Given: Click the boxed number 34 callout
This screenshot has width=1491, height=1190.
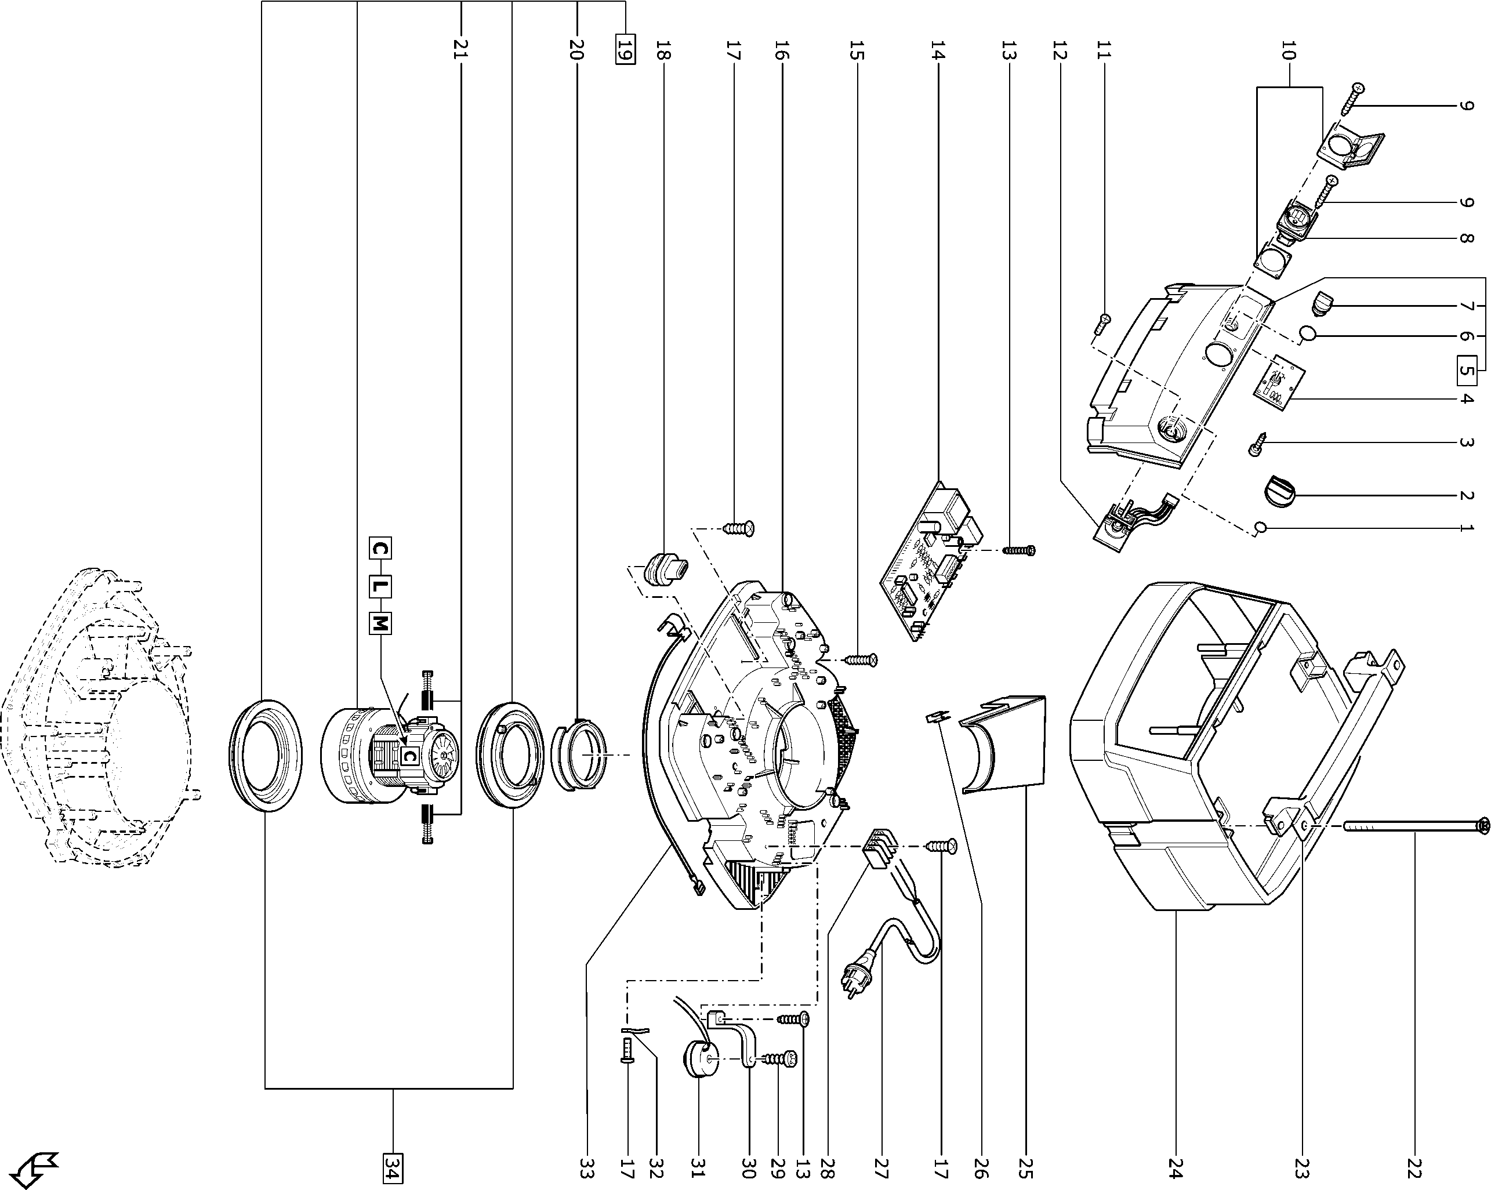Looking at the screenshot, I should point(392,1169).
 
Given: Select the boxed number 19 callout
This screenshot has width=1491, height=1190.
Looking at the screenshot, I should point(625,50).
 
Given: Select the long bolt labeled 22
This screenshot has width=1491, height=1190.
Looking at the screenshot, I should point(1411,825).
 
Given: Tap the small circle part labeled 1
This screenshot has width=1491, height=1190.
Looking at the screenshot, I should point(1260,528).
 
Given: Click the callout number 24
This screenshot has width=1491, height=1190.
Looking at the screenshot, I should point(1176,1169).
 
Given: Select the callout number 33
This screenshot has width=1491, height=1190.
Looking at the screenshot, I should point(586,1169).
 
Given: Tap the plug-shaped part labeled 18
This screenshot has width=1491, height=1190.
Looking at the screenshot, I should point(664,568).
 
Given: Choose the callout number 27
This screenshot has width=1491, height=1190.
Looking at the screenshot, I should point(880,1169).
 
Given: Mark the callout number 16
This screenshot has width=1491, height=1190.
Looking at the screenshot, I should point(782,50).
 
